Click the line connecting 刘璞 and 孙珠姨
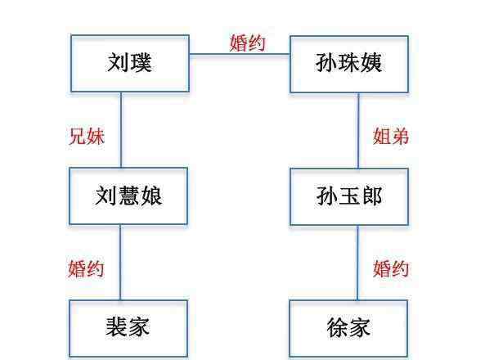240,54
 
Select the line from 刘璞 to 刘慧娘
121,130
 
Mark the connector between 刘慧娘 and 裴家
120,262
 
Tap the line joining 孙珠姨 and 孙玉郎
358,131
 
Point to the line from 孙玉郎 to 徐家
358,263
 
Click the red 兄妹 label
87,136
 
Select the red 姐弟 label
391,136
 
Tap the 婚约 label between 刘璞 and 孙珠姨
248,43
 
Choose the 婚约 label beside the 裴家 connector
86,268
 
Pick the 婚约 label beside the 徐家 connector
391,268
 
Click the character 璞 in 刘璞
141,63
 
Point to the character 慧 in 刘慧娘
128,196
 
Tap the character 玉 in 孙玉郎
349,196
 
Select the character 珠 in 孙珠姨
349,63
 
